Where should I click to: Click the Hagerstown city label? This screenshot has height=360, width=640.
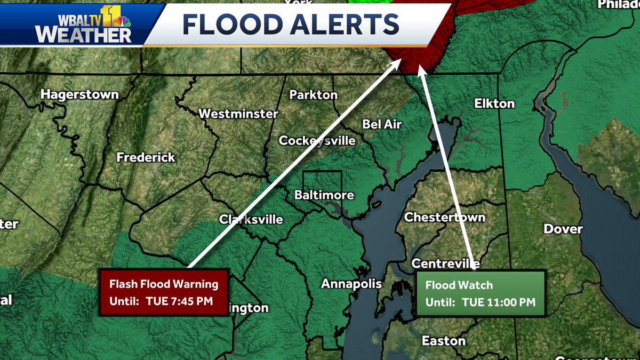tap(79, 94)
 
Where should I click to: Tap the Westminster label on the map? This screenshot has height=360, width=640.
tap(238, 114)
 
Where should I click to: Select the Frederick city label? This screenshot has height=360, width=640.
tap(146, 157)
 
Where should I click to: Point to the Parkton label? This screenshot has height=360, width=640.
tap(313, 95)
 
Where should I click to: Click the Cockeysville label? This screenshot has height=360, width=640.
tap(317, 141)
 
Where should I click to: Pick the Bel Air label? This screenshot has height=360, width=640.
tap(382, 124)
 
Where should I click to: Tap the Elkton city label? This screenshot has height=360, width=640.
tap(494, 103)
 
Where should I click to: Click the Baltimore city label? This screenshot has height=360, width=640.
tap(324, 195)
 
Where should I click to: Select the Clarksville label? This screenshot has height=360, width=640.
tap(251, 220)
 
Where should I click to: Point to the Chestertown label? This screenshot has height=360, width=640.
tap(444, 217)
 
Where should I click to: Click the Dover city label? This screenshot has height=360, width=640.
tap(563, 229)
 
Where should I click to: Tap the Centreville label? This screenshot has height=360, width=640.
tap(446, 263)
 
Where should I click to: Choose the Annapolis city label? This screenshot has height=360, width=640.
tap(351, 284)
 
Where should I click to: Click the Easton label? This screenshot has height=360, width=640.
tap(443, 340)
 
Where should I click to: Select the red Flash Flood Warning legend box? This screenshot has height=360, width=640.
tap(164, 292)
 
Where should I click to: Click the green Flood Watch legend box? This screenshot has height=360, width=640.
tap(480, 293)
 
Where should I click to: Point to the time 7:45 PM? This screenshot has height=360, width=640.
tap(189, 301)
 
